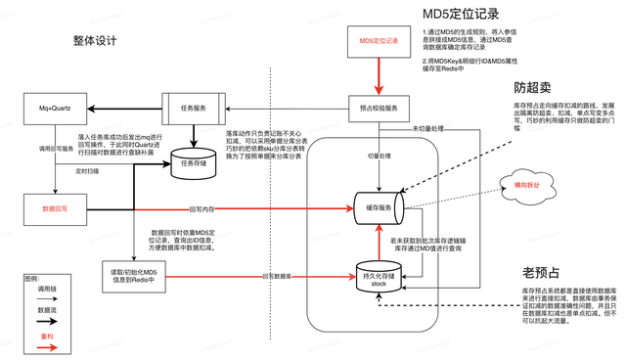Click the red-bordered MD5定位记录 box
point(379,41)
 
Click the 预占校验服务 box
point(379,108)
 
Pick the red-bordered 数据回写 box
point(53,208)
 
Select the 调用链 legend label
point(46,291)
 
